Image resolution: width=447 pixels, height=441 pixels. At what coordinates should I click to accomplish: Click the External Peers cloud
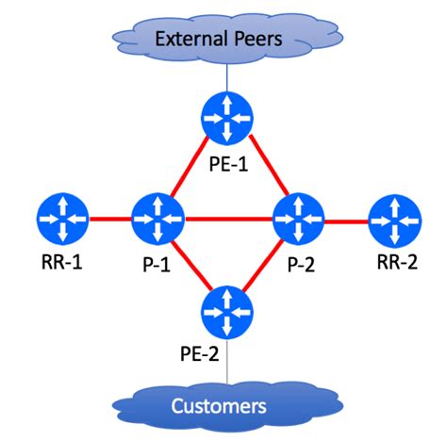pos(227,39)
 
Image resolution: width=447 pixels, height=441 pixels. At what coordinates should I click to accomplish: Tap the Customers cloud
pos(227,405)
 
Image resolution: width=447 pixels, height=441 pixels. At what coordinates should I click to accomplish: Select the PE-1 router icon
pos(227,119)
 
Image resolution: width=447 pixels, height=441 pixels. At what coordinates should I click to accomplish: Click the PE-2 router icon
pos(227,313)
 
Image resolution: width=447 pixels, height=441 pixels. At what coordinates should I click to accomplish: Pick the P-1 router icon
pos(157,220)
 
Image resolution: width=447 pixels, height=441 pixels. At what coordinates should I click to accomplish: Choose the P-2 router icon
pos(298,220)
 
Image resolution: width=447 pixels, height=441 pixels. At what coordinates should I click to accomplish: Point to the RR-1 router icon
pos(63,220)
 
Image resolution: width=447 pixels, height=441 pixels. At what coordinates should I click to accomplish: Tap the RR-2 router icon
pos(395,221)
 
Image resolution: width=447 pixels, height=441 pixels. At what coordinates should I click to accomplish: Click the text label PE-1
pos(228,164)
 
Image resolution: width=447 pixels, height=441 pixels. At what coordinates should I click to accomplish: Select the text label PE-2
pos(199,353)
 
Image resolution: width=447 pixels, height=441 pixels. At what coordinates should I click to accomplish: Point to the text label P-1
pos(157,264)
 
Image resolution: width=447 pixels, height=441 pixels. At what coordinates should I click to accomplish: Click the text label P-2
pos(301,264)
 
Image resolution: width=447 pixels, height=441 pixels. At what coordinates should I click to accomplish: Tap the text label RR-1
pos(61,261)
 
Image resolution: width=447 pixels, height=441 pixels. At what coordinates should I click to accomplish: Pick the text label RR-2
pos(397,261)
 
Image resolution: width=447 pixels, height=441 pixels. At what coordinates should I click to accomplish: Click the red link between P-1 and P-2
pos(228,220)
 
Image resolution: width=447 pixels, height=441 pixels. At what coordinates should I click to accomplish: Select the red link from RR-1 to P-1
pos(110,220)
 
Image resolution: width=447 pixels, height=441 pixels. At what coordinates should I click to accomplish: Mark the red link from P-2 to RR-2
pos(346,221)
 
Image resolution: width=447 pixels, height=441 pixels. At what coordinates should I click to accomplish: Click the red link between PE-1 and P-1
pos(190,168)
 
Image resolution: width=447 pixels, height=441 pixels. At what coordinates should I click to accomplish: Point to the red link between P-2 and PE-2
pos(263,266)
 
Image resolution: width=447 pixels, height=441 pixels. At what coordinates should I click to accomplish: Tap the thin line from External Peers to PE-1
pos(226,78)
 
